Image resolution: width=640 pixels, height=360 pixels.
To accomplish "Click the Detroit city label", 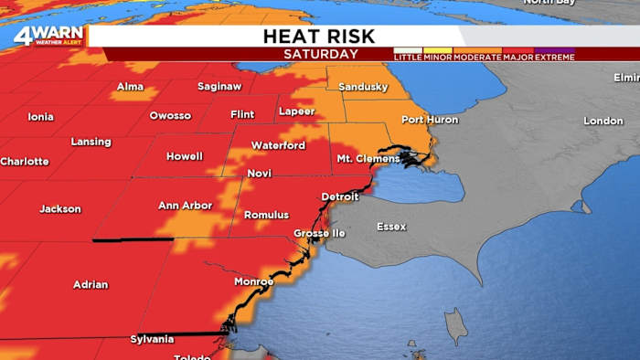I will (340, 196).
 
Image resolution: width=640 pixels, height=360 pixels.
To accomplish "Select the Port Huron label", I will (428, 120).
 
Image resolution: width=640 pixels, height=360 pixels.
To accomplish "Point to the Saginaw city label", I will (219, 87).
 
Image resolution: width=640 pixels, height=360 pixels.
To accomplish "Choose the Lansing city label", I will (91, 142).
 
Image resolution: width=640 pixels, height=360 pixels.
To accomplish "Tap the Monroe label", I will (252, 281).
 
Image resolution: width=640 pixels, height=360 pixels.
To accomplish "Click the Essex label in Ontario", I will (391, 226).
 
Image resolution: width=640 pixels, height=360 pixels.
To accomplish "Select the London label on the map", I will (603, 121).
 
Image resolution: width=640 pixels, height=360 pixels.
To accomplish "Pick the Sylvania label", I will (152, 339).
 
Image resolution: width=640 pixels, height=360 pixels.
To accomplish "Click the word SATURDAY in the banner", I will (321, 54).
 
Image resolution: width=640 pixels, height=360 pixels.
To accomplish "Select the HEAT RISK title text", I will (320, 37).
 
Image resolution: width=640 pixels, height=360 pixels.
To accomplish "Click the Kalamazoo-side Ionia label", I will (41, 117).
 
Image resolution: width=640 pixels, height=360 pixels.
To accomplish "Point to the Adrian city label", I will (91, 284).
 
